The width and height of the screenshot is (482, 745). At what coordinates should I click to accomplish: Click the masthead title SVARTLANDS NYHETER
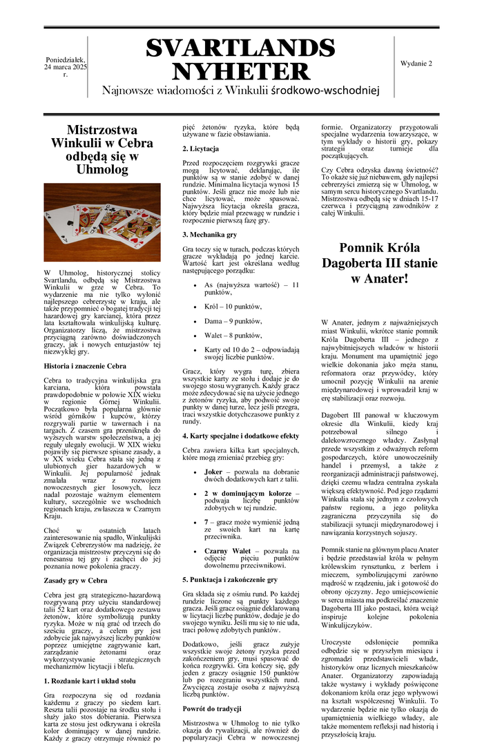pyautogui.click(x=241, y=59)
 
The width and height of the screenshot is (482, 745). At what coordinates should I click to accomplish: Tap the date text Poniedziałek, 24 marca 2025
pyautogui.click(x=66, y=67)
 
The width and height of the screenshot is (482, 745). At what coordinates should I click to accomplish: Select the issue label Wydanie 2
pyautogui.click(x=416, y=64)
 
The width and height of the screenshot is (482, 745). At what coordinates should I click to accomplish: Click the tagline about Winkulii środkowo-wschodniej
pyautogui.click(x=241, y=90)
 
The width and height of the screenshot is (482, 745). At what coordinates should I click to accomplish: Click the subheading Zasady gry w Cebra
pyautogui.click(x=75, y=580)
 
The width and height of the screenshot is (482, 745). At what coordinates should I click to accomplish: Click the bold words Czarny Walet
pyautogui.click(x=227, y=551)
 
